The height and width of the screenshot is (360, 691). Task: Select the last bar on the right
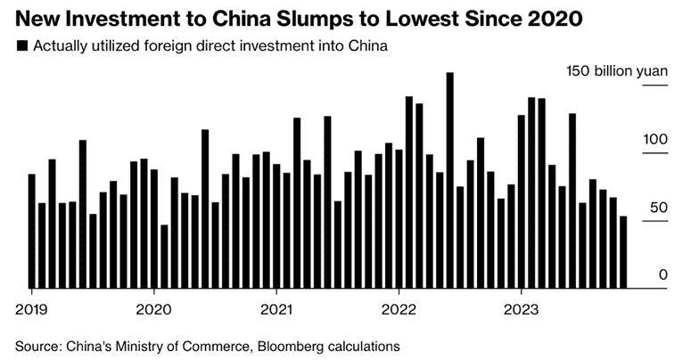[x=623, y=252]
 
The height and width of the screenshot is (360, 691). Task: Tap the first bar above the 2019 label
[x=32, y=231]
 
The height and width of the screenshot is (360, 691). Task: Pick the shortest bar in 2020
[x=164, y=257]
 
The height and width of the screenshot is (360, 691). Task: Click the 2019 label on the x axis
[x=31, y=312]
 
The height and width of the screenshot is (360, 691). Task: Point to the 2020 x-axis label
[x=153, y=312]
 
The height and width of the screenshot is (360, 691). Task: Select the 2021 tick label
[x=276, y=312]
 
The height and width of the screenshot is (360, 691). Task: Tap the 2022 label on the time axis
[x=398, y=312]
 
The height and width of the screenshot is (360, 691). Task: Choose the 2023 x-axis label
[x=520, y=312]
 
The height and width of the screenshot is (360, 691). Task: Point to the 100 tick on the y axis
[x=655, y=140]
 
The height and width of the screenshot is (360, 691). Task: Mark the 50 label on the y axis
[x=659, y=208]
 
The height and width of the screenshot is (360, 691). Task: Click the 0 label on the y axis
[x=663, y=275]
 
